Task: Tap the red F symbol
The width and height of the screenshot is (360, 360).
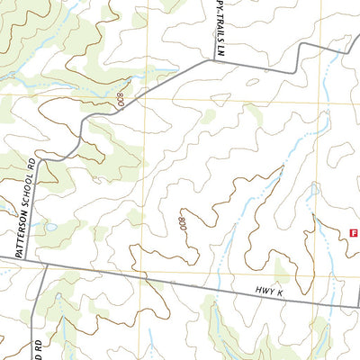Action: pyautogui.click(x=353, y=232)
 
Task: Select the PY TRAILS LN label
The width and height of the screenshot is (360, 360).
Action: pyautogui.click(x=219, y=29)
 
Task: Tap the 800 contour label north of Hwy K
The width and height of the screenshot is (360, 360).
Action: pyautogui.click(x=183, y=223)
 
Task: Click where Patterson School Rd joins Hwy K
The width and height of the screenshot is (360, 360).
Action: pyautogui.click(x=18, y=261)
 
